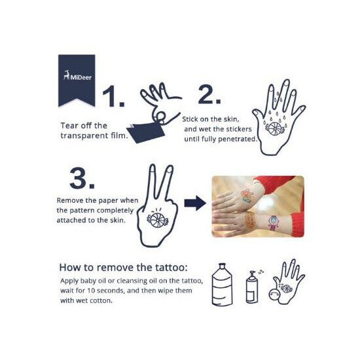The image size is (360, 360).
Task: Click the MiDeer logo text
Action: [81, 77]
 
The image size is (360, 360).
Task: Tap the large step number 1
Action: [113, 96]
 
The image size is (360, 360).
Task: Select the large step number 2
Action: [209, 94]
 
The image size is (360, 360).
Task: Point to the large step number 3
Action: [82, 178]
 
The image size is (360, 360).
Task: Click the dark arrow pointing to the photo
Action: [195, 203]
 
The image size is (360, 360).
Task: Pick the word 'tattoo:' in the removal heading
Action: [171, 268]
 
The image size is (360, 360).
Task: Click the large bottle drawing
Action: [222, 285]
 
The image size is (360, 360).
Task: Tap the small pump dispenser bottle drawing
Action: [252, 287]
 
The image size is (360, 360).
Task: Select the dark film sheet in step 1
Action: [145, 132]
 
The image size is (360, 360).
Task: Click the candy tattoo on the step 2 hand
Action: [275, 128]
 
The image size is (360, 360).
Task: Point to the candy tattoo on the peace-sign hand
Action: [158, 220]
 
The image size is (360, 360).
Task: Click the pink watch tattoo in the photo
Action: [273, 223]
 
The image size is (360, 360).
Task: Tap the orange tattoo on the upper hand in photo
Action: [247, 196]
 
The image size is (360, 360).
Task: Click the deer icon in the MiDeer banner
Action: [66, 75]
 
